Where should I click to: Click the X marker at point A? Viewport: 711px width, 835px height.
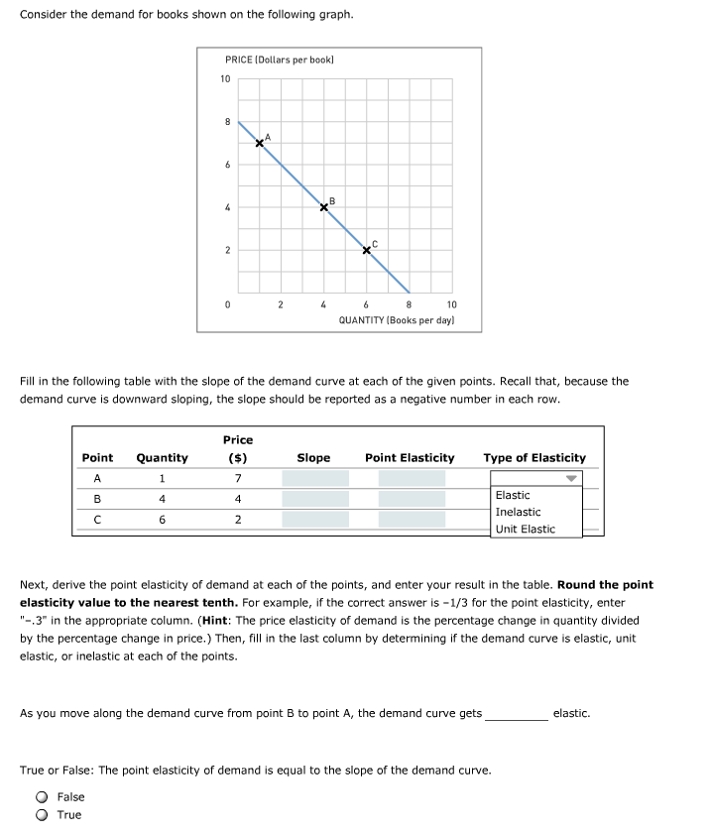260,143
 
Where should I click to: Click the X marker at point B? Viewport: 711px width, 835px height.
324,207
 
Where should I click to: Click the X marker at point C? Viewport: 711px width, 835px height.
367,250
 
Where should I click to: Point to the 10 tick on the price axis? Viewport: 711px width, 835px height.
226,79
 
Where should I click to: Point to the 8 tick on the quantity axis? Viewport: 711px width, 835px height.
410,304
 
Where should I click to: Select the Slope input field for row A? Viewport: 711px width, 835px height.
315,478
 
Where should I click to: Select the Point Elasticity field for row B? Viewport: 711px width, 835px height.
412,499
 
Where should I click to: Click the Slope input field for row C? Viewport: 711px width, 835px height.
315,520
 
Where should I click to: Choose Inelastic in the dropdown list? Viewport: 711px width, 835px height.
518,512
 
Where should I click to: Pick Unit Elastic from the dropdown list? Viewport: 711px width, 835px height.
525,529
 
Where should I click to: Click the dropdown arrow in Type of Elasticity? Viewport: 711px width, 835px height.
571,478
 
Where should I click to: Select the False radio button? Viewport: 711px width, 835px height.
43,796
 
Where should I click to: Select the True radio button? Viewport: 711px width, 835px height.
43,815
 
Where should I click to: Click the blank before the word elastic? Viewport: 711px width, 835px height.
516,714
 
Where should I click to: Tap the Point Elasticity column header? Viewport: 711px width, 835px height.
410,458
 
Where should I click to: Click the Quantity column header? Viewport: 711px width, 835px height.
162,458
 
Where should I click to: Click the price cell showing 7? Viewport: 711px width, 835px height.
238,478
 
